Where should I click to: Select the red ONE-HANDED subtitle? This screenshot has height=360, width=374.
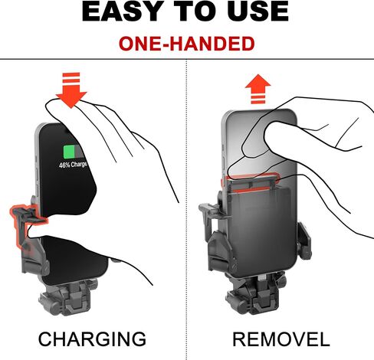tap(187, 44)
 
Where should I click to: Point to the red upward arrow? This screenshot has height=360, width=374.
tap(258, 89)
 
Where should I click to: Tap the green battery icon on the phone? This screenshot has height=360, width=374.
tap(74, 152)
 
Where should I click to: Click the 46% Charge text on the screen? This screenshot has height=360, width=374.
tap(73, 165)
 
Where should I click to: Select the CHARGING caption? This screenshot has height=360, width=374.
tap(92, 339)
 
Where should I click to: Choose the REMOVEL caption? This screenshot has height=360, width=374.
tap(281, 339)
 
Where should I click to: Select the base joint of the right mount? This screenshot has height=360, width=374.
tap(255, 293)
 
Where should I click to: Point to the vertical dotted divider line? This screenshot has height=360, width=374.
tap(186, 209)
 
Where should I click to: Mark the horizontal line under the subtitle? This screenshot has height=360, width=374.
tap(187, 59)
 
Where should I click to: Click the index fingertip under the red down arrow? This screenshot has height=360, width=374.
tap(52, 105)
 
